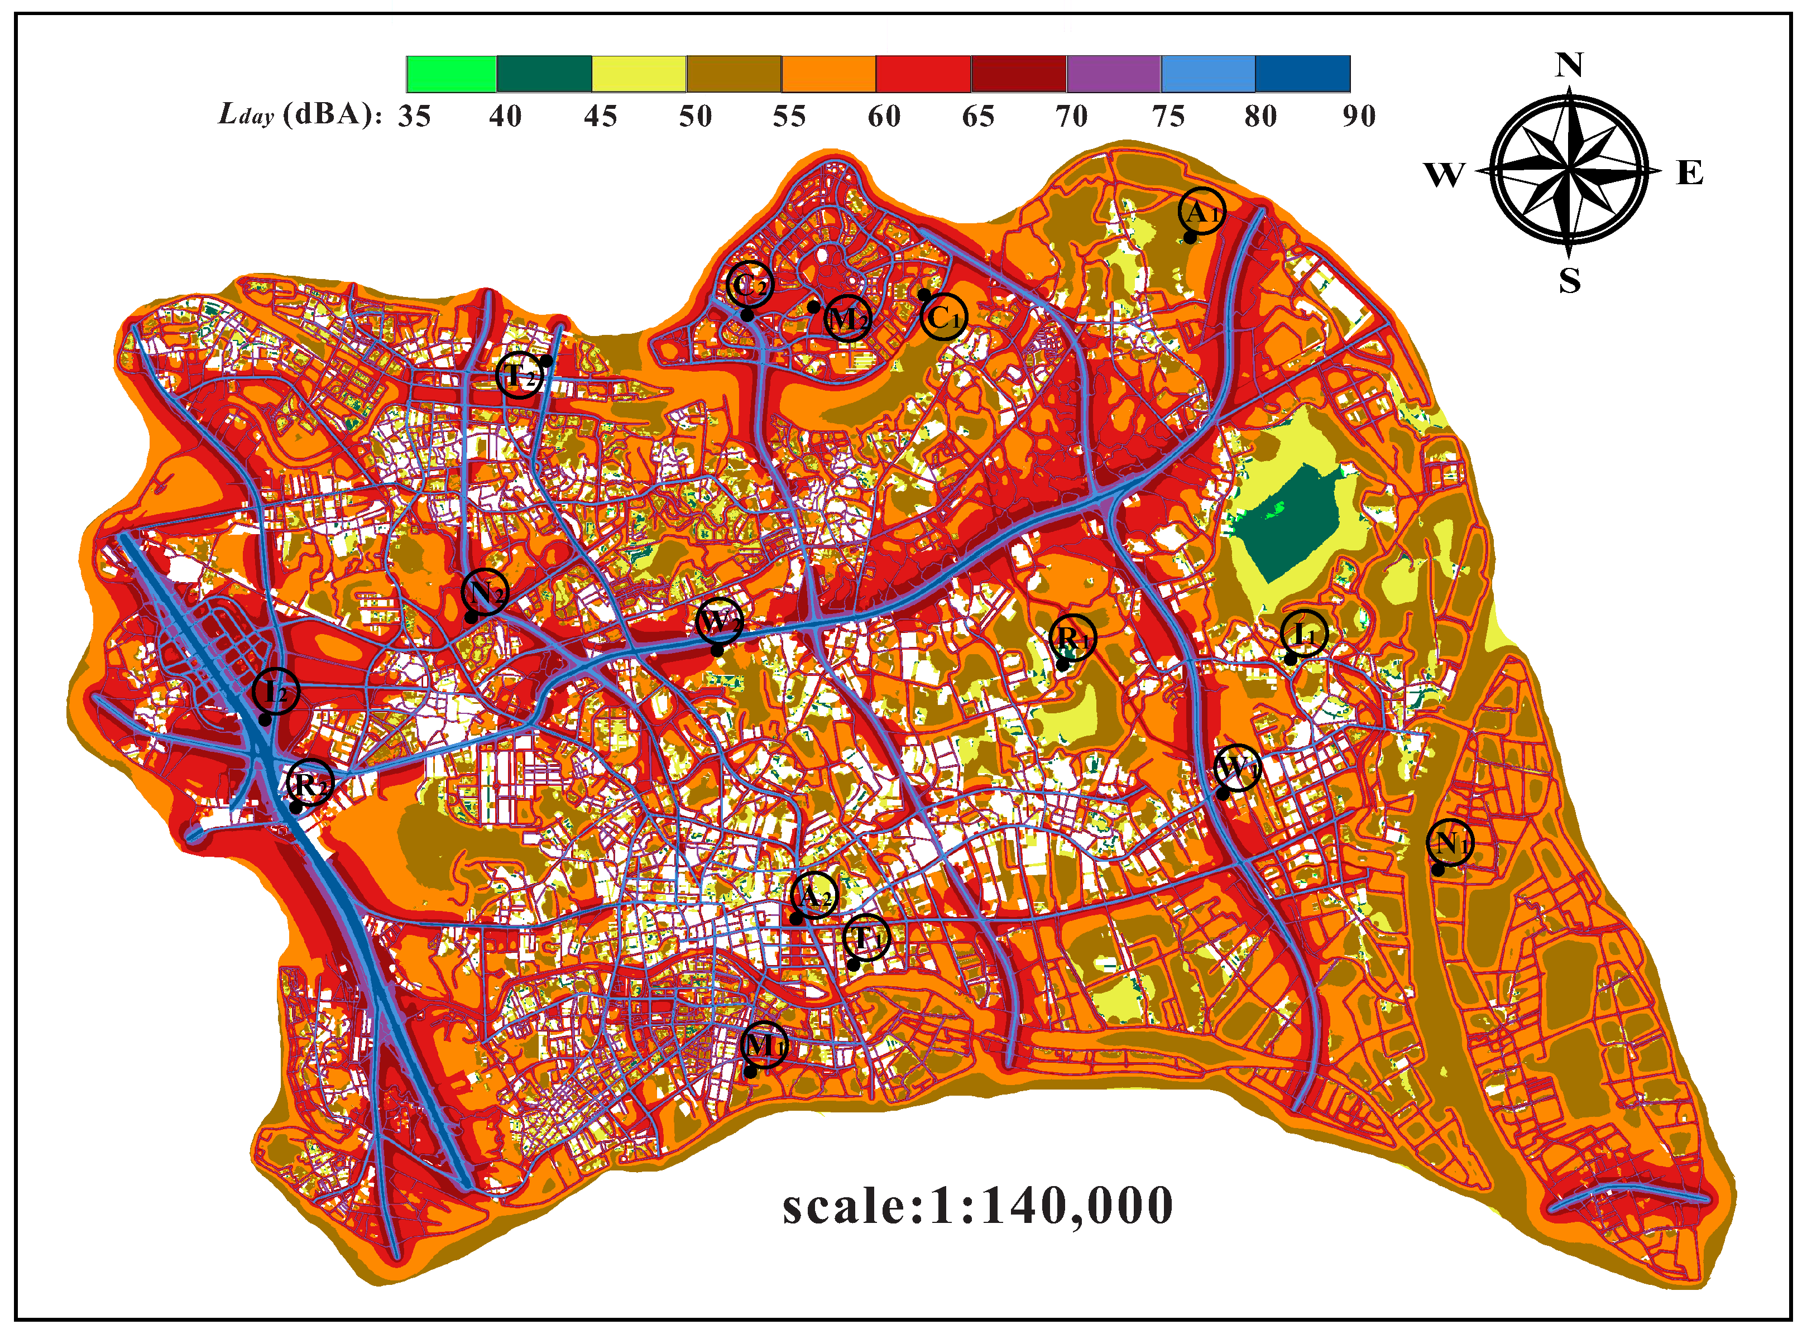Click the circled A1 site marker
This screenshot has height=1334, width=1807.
click(x=1201, y=212)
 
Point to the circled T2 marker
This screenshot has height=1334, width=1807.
click(x=519, y=376)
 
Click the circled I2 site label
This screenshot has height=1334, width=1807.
click(x=275, y=692)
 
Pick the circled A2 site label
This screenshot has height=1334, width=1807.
click(x=814, y=895)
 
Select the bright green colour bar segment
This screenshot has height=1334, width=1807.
click(x=450, y=74)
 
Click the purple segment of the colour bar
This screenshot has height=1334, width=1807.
click(x=1114, y=74)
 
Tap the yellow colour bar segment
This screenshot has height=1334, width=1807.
click(x=639, y=74)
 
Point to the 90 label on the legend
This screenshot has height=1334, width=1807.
click(x=1359, y=116)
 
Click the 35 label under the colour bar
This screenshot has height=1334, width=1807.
click(x=414, y=116)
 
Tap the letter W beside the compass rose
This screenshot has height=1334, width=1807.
click(x=1444, y=174)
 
